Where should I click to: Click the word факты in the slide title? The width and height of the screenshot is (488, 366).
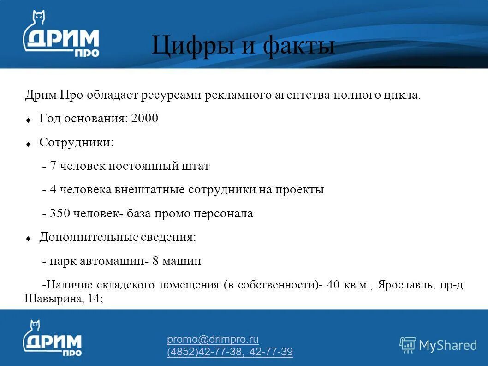(x=299, y=46)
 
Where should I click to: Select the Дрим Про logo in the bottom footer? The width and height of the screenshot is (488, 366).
(x=52, y=339)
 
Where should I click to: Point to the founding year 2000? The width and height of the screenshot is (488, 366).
(x=144, y=119)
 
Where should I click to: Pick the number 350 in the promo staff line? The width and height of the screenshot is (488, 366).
(x=59, y=214)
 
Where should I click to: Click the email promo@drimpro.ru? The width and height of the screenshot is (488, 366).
(x=213, y=340)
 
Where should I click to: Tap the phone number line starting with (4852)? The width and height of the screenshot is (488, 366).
(x=230, y=352)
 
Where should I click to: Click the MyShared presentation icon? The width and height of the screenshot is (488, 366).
(x=407, y=345)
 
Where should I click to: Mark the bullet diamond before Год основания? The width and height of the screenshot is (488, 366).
(x=28, y=120)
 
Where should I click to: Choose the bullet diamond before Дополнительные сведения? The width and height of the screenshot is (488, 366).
(x=28, y=239)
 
